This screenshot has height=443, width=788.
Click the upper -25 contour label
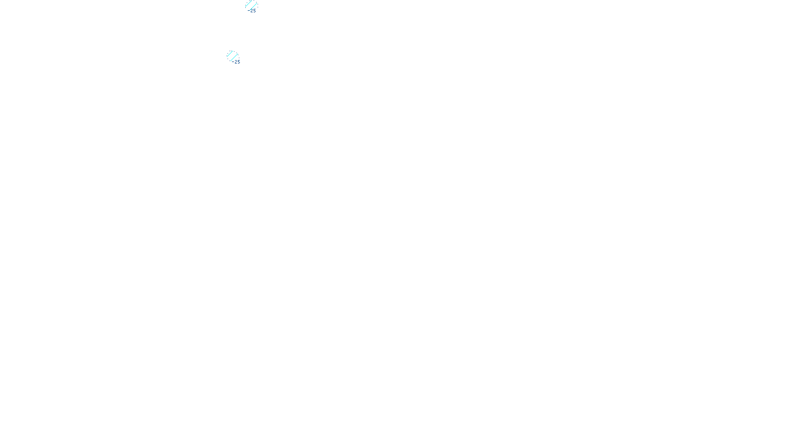tap(253, 10)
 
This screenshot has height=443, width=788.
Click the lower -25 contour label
tap(236, 62)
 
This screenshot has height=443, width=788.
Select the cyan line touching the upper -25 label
tap(253, 6)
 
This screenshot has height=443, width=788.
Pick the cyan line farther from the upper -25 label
tap(249, 4)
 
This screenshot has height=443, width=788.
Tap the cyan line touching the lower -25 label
tap(234, 57)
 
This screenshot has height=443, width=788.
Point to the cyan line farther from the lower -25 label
tap(230, 53)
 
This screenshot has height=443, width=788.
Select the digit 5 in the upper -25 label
tap(255, 10)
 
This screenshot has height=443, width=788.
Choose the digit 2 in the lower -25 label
tap(236, 62)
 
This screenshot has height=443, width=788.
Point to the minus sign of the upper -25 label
tap(249, 10)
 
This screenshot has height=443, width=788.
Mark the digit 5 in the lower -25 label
tap(239, 62)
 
